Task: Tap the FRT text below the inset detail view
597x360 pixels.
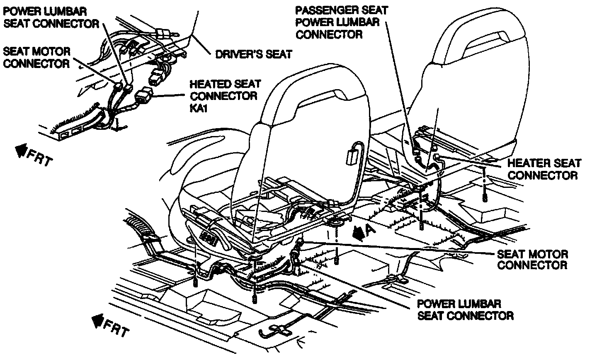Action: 40,156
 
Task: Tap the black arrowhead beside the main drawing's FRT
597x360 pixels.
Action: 98,320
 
